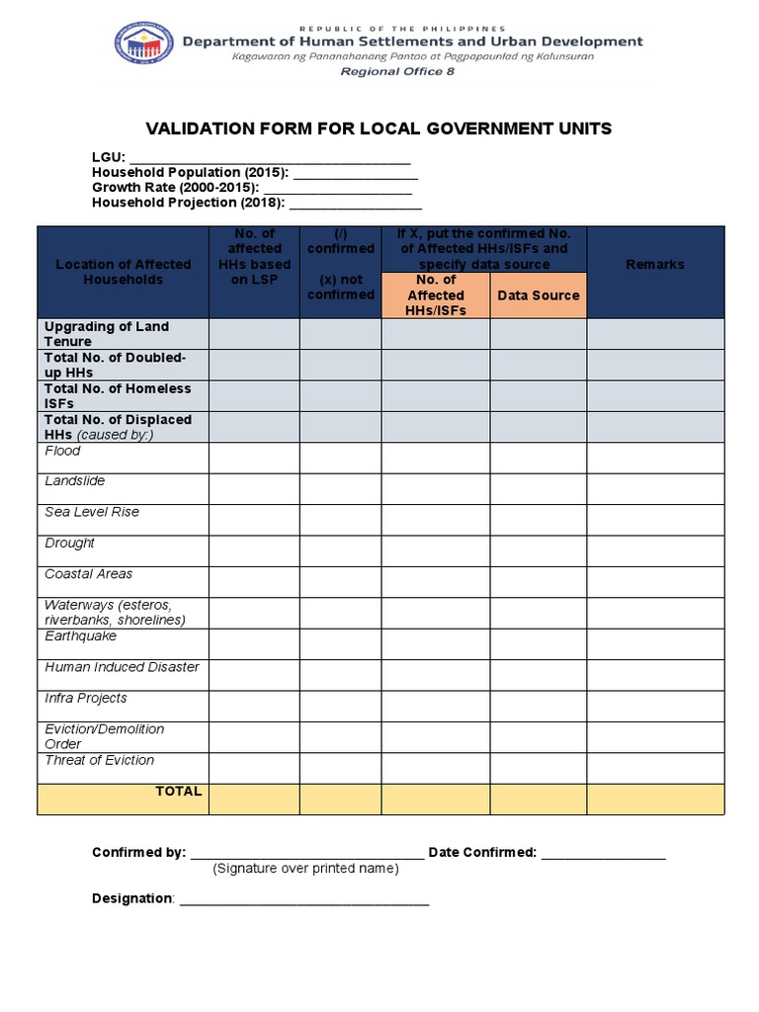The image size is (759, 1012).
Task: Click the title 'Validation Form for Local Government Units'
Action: [x=379, y=128]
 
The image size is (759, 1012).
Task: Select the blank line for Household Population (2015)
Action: [x=355, y=173]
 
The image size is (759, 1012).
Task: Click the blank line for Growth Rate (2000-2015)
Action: [x=338, y=188]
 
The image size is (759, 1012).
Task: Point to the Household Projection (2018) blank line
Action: [x=355, y=203]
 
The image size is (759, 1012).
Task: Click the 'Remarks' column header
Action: [x=655, y=265]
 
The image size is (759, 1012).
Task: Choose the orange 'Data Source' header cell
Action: [x=538, y=295]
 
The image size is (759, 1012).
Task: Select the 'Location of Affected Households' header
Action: [x=124, y=272]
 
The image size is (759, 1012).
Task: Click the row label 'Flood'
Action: [x=63, y=452]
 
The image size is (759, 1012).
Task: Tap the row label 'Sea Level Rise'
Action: [x=92, y=513]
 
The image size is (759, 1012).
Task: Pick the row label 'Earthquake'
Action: [x=80, y=636]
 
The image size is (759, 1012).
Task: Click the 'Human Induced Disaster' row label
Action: [x=122, y=667]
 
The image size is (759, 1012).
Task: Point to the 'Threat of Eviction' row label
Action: [x=100, y=760]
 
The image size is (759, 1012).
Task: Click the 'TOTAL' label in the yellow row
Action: [x=178, y=792]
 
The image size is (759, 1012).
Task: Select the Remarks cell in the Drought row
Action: [x=655, y=550]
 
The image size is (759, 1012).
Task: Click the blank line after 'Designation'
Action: [x=303, y=899]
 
